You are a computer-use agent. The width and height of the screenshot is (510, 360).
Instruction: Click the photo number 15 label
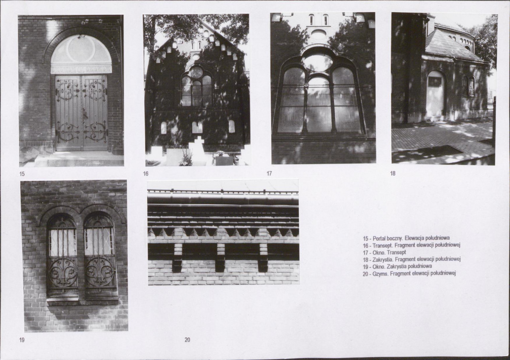click(x=22, y=174)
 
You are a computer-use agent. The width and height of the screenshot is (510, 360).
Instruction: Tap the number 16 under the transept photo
click(x=146, y=174)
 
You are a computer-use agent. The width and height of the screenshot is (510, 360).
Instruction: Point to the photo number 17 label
click(x=269, y=174)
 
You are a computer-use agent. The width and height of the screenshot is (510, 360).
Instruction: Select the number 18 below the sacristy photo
click(x=393, y=174)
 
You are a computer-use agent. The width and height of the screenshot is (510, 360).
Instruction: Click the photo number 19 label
click(x=22, y=340)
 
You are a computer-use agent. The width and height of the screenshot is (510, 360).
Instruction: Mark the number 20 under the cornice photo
click(x=187, y=340)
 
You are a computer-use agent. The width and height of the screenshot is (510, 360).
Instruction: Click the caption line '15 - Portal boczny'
click(x=406, y=238)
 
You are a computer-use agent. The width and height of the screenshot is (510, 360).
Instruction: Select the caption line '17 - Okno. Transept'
click(x=385, y=252)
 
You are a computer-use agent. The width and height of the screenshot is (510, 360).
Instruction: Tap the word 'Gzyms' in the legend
click(x=380, y=274)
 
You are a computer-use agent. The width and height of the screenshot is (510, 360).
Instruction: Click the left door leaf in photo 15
click(x=68, y=113)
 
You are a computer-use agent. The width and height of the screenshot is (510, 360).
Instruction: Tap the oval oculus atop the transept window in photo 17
click(x=317, y=62)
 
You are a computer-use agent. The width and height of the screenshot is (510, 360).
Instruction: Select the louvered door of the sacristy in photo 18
click(x=435, y=97)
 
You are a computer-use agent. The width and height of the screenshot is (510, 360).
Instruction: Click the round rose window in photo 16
click(x=196, y=73)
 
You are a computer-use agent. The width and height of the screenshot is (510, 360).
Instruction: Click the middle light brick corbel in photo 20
click(x=220, y=257)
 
